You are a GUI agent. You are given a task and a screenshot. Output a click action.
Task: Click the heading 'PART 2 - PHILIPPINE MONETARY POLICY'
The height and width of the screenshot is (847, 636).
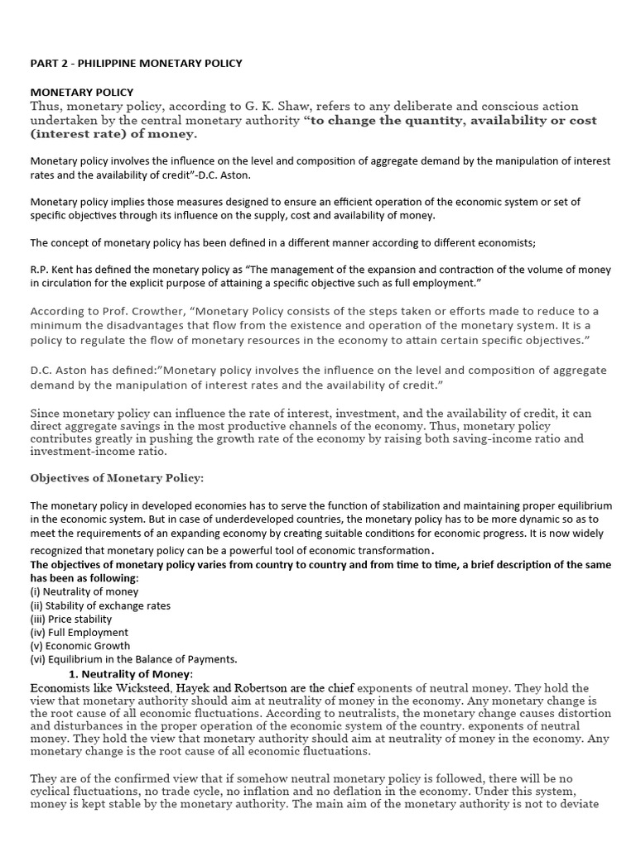pos(136,64)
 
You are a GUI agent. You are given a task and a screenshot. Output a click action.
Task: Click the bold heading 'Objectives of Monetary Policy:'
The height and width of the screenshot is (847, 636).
pos(116,478)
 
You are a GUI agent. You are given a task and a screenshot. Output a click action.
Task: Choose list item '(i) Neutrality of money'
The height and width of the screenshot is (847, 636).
pos(84,591)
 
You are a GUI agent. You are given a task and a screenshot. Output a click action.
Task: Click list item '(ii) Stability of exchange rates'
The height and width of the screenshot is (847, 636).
pos(100,605)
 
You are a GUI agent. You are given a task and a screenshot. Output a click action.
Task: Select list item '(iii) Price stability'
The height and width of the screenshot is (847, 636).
pos(70,619)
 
